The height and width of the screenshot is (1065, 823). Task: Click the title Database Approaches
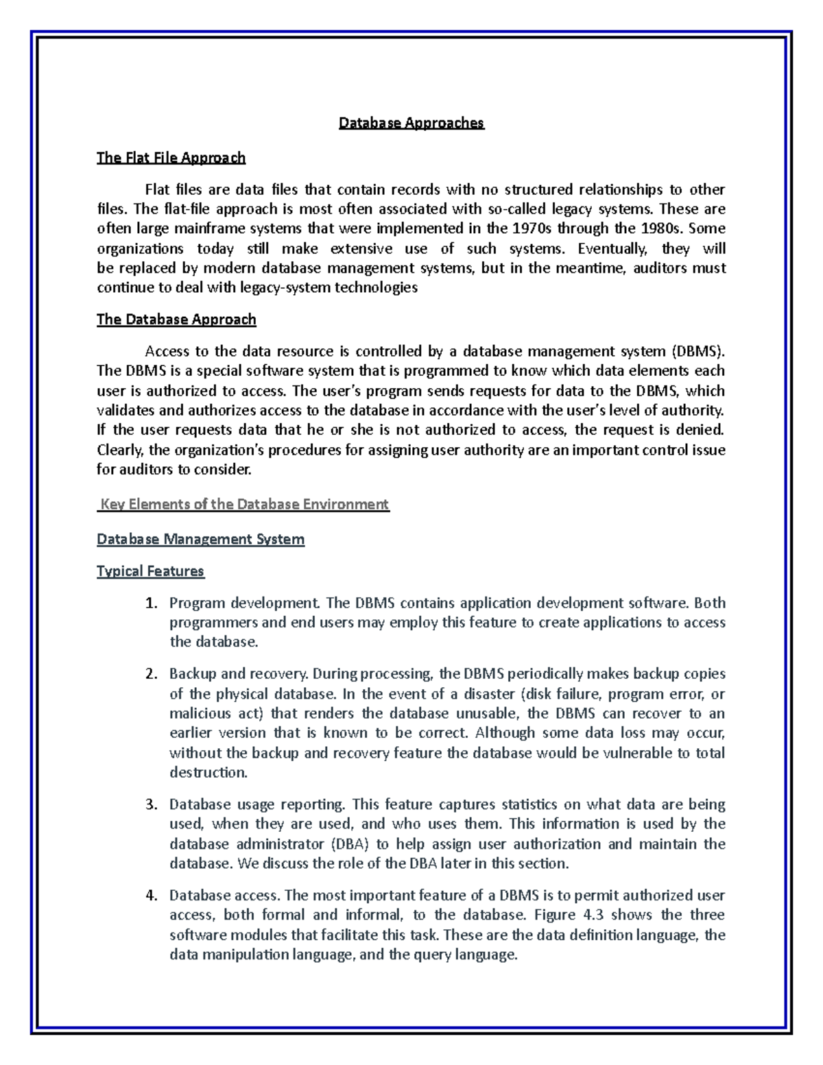(411, 123)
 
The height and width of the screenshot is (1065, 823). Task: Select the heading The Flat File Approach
(171, 158)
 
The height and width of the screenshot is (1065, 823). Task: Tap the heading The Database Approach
(176, 320)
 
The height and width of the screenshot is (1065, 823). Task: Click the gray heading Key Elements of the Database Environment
(244, 505)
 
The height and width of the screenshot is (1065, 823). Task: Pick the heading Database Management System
(200, 540)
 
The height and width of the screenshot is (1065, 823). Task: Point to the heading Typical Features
(150, 571)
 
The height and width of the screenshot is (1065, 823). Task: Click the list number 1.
(151, 603)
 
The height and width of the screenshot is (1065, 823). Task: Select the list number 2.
(151, 674)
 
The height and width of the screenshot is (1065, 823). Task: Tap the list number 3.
(151, 804)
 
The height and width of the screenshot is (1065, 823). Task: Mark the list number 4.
(151, 896)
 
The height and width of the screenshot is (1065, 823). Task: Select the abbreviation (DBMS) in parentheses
(697, 352)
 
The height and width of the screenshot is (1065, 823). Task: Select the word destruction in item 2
(207, 773)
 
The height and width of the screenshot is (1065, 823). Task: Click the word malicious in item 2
(197, 713)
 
